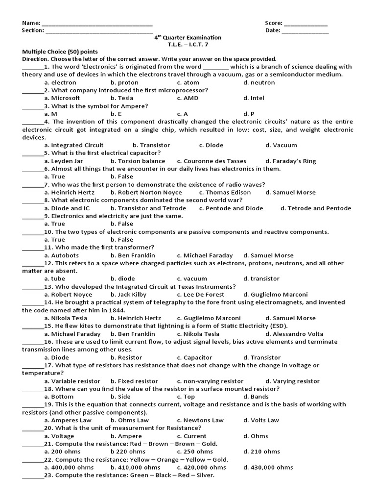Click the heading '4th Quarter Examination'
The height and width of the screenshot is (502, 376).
point(188,38)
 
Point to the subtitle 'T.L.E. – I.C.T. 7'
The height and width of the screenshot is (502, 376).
point(188,45)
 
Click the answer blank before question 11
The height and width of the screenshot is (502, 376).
point(33,248)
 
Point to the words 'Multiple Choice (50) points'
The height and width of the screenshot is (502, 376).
point(60,51)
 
